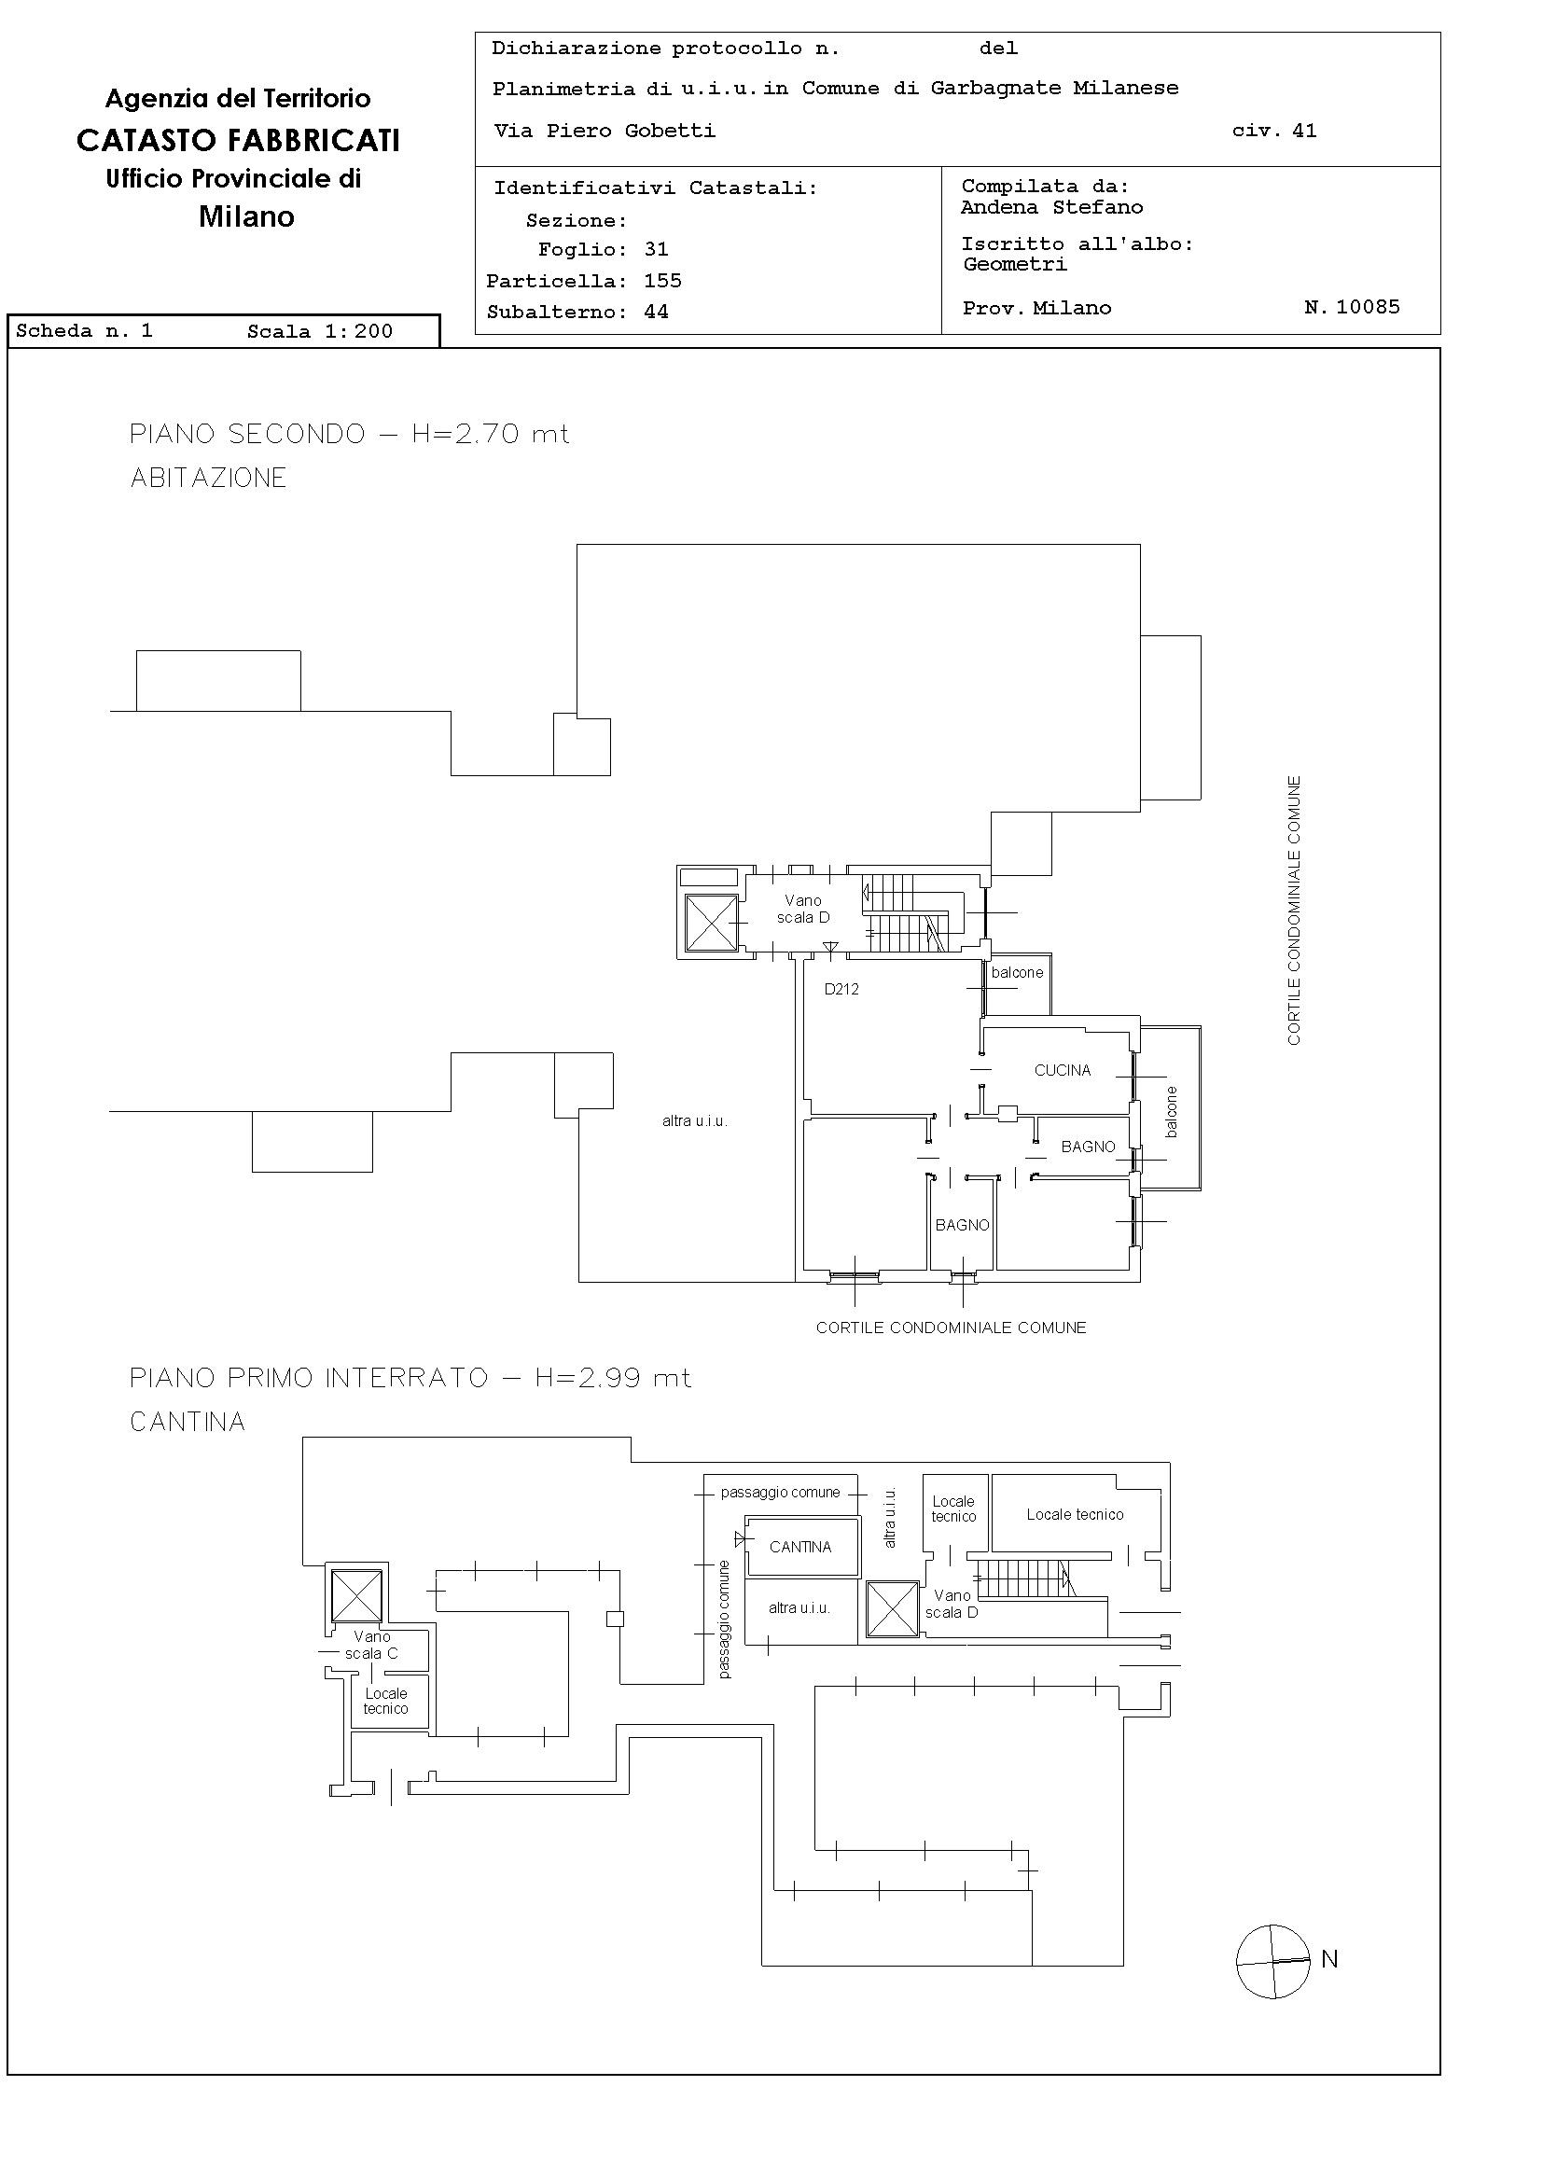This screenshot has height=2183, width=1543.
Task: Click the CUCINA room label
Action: pyautogui.click(x=1062, y=1071)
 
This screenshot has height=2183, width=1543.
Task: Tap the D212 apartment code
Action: pyautogui.click(x=841, y=989)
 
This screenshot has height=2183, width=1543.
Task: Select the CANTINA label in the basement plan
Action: pyautogui.click(x=800, y=1547)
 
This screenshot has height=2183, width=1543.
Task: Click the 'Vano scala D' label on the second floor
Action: pyautogui.click(x=803, y=909)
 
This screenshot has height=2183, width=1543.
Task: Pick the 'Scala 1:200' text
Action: pyautogui.click(x=319, y=332)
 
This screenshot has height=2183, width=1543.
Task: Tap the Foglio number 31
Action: pyautogui.click(x=656, y=250)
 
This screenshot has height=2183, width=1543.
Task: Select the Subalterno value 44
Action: pyautogui.click(x=656, y=312)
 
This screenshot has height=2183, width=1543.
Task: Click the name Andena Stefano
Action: pyautogui.click(x=1051, y=207)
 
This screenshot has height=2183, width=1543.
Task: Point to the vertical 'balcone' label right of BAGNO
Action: pyautogui.click(x=1172, y=1111)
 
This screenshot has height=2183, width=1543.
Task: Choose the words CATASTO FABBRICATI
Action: pyautogui.click(x=238, y=141)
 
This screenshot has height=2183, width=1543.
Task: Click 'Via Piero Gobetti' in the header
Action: pyautogui.click(x=605, y=132)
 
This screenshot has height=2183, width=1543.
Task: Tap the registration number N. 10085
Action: pyautogui.click(x=1352, y=307)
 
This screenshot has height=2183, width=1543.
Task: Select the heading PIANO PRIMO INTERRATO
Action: pyautogui.click(x=309, y=1378)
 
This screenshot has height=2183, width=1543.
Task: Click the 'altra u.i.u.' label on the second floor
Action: pyautogui.click(x=695, y=1121)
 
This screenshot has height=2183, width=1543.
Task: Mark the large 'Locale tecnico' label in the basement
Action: pyautogui.click(x=1075, y=1515)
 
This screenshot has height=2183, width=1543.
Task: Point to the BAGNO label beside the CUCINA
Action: pyautogui.click(x=1088, y=1147)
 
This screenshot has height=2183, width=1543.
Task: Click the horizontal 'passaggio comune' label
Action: pyautogui.click(x=781, y=1493)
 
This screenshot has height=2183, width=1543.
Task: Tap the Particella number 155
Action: pyautogui.click(x=662, y=282)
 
